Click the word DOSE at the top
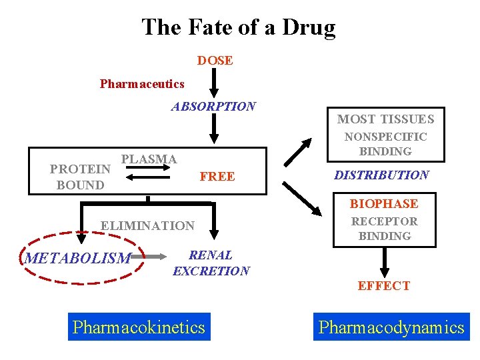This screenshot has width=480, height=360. coord(215,61)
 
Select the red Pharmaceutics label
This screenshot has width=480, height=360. coord(142,84)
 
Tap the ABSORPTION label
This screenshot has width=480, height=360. coord(213,107)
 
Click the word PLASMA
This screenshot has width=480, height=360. coord(149,159)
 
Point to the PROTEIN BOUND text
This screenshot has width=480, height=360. coord(80,177)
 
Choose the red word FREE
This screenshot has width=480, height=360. coord(217,177)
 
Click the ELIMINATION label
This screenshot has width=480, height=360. coord(147,226)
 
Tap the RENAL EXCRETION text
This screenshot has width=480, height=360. coord(211,263)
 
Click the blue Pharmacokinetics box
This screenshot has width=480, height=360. coord(139,327)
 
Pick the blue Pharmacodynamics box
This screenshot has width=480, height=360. coord(391,327)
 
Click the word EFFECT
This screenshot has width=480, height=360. coord(383,286)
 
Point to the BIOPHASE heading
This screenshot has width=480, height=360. coord(384,204)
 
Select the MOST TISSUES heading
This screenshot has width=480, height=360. coord(385,119)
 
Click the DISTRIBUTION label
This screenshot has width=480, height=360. coord(381,175)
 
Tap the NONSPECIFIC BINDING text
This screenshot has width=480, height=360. coord(385,144)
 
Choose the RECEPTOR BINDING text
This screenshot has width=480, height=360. coord(385,229)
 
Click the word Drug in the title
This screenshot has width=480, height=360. coord(309,27)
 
